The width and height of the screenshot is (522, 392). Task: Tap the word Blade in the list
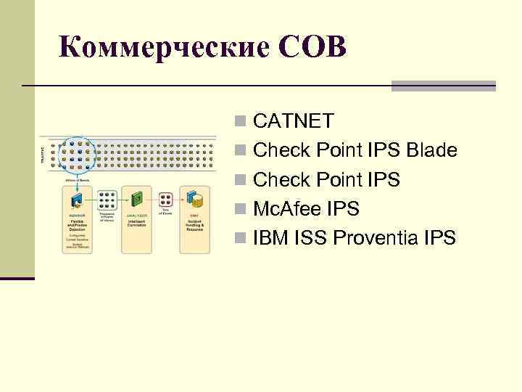point(432,151)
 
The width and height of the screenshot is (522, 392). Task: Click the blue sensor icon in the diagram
point(77,198)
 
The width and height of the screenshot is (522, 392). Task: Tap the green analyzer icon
point(136,197)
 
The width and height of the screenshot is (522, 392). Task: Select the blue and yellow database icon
point(194,197)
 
